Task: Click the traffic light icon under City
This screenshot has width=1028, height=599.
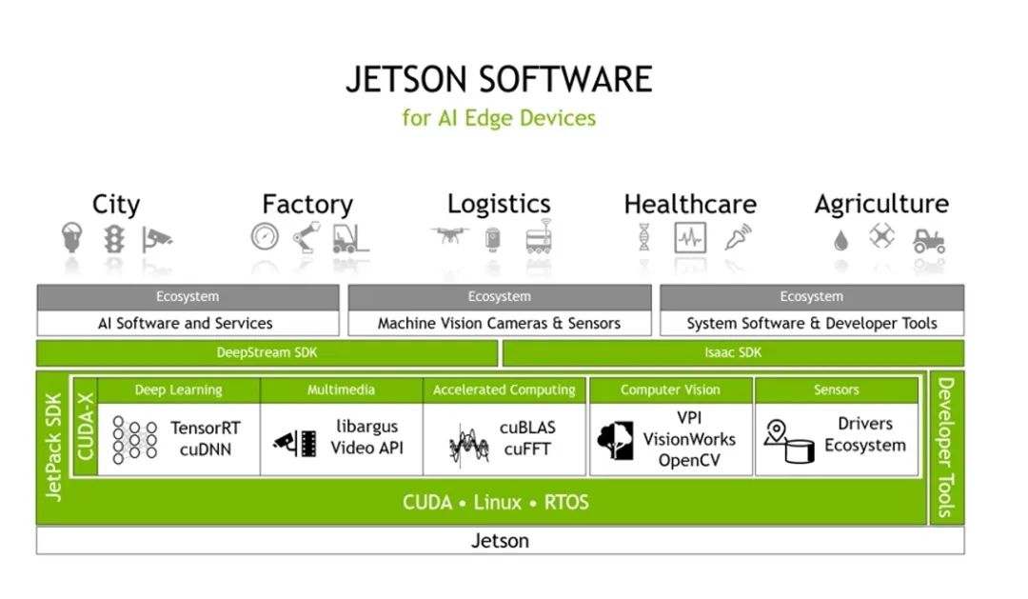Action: pos(114,238)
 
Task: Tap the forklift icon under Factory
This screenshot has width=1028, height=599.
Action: pos(350,238)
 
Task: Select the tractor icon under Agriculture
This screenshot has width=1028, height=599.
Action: pos(928,240)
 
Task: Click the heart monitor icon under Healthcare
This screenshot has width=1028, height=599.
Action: pos(690,238)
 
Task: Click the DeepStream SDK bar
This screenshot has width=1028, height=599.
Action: pos(267,353)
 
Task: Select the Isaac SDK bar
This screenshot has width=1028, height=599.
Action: pos(732,353)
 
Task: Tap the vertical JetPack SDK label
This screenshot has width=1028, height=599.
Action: pos(53,448)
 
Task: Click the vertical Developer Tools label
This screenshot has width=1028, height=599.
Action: pos(945,448)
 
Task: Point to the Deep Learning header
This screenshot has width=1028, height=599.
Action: pos(178,389)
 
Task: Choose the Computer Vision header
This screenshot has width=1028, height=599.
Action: pos(670,389)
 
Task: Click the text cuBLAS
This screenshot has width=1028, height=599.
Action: pos(527,428)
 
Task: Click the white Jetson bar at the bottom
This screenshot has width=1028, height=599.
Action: pos(500,541)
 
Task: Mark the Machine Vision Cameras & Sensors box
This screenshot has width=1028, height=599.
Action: pos(499,323)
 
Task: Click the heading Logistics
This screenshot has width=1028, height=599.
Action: pos(499,204)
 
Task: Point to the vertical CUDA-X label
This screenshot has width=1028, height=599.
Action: pos(85,426)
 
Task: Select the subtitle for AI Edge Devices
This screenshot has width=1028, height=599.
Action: pos(499,118)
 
